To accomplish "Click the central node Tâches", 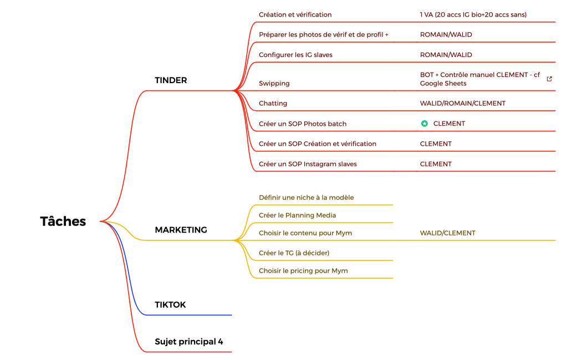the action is tap(63, 222).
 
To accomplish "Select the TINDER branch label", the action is tap(171, 80).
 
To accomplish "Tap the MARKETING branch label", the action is tap(181, 230).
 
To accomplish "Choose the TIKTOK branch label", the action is tap(170, 305).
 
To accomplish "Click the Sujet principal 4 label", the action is tap(189, 342).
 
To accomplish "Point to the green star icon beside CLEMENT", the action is tap(424, 124).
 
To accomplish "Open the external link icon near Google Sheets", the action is tap(549, 79).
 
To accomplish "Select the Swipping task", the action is tap(274, 84).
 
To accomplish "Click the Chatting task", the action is tap(273, 104).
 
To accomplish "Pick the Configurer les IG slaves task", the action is tap(295, 55).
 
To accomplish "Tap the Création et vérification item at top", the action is tap(295, 15).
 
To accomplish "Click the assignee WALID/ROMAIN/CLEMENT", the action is tap(462, 104).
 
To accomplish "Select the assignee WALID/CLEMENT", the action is tap(448, 233).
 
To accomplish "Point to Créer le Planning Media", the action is tap(297, 215).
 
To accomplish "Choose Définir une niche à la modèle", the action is tap(306, 198).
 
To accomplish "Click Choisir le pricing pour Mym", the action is tap(303, 271).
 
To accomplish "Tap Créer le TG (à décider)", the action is tap(294, 253).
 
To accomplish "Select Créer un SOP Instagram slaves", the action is tap(308, 164).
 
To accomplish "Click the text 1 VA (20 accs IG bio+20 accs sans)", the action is tap(473, 15).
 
